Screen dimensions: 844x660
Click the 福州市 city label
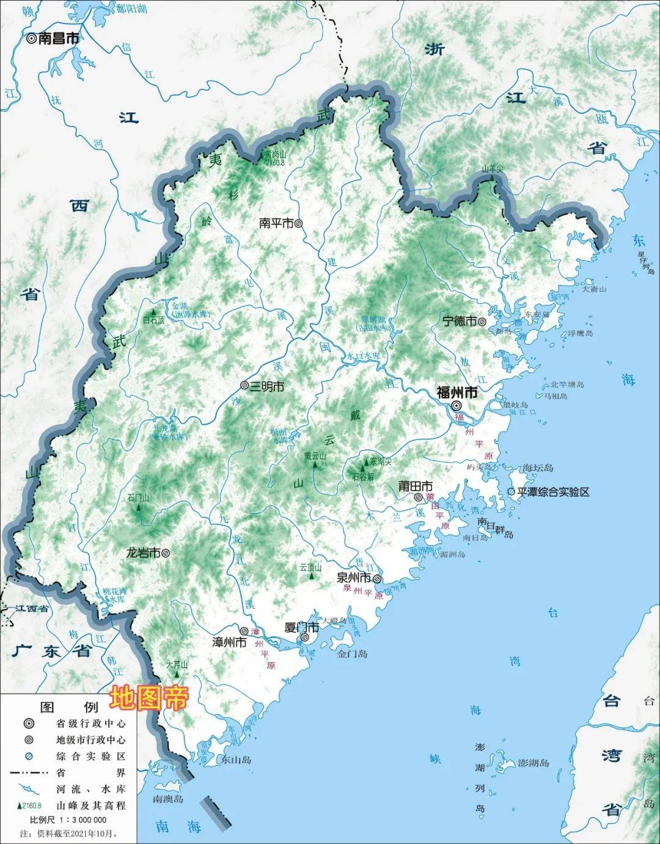click(x=457, y=392)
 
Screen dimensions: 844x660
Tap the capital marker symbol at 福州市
click(x=457, y=405)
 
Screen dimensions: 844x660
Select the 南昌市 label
click(x=59, y=38)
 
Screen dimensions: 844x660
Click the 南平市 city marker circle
click(x=299, y=224)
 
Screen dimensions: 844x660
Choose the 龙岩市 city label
click(x=142, y=552)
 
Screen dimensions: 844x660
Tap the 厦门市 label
click(x=302, y=627)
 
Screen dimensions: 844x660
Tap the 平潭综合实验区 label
click(x=553, y=492)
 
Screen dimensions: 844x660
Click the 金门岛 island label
click(x=353, y=654)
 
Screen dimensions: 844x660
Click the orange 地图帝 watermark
click(x=150, y=698)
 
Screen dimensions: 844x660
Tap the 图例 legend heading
click(x=68, y=707)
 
